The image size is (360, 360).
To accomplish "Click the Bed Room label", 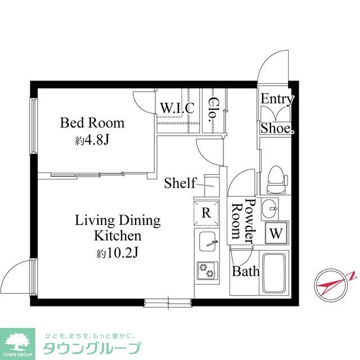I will [92, 123].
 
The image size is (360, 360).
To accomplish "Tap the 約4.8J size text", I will [92, 141].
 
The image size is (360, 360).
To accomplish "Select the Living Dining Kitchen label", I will [118, 227].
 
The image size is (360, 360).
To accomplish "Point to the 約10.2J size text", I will [117, 253].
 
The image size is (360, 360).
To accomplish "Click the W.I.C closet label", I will [177, 107].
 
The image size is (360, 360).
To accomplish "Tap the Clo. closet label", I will [214, 110].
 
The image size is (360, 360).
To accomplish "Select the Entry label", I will [277, 100].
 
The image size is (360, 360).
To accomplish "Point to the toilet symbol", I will [276, 177].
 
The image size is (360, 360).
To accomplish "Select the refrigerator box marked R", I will [206, 213].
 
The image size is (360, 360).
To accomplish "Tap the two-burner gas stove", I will [206, 272].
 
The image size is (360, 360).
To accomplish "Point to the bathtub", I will [276, 273].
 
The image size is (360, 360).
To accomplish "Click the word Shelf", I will [180, 183].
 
